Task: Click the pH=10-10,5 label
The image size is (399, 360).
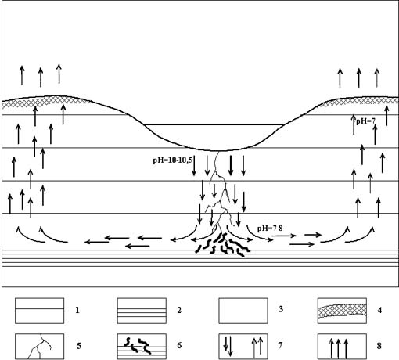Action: (x=172, y=160)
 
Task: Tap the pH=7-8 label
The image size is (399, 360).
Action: (x=270, y=229)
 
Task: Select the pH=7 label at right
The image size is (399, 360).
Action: (x=365, y=121)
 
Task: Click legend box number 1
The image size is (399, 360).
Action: (x=39, y=311)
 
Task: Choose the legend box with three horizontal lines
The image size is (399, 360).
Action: (x=142, y=311)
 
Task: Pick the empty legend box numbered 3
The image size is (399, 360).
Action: (x=243, y=311)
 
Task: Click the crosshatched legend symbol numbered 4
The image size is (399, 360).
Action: (x=342, y=311)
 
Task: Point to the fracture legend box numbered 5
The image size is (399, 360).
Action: (x=39, y=347)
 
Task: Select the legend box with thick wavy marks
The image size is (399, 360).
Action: (x=142, y=347)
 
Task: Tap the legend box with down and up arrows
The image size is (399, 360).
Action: (x=243, y=347)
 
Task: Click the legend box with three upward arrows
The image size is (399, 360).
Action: (x=342, y=347)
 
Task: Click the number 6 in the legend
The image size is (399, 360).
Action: (x=179, y=345)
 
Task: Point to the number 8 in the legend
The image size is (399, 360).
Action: (x=379, y=346)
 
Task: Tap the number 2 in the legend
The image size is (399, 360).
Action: (x=179, y=310)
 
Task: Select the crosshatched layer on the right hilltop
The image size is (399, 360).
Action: (x=360, y=101)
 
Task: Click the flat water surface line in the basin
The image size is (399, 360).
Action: (x=214, y=124)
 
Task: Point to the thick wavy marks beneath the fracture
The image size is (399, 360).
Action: (x=223, y=245)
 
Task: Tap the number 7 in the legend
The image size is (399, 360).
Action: (x=280, y=345)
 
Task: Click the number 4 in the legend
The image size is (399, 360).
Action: (x=379, y=310)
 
